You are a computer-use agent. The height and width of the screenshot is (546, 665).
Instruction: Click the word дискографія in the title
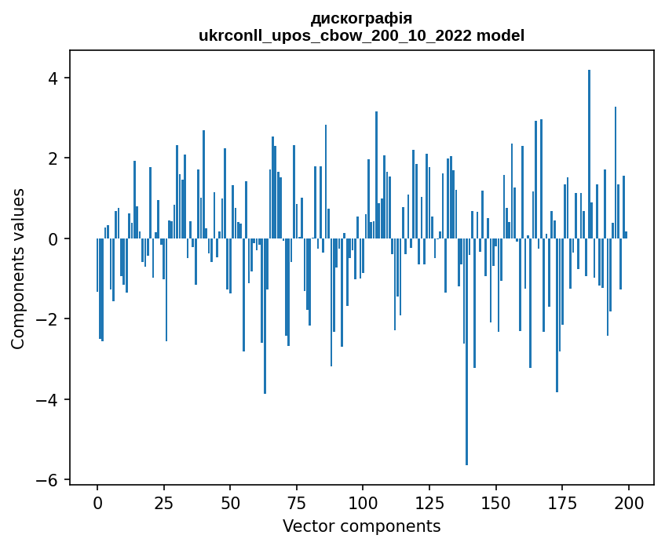361,18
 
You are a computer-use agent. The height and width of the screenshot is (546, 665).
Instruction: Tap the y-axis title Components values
18,268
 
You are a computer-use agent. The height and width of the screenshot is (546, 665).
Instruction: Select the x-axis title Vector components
361,526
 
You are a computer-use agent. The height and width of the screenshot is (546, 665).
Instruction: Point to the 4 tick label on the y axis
53,78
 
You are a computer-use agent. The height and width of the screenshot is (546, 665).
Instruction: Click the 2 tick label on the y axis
53,158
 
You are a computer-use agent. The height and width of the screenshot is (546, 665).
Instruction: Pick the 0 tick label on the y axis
53,238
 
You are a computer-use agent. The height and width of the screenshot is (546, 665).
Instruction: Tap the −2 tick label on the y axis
48,319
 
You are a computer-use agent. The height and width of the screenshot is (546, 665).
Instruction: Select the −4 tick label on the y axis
48,400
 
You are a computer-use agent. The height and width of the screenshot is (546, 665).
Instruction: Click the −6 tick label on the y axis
48,480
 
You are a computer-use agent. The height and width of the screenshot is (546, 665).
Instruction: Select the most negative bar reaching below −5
466,353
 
